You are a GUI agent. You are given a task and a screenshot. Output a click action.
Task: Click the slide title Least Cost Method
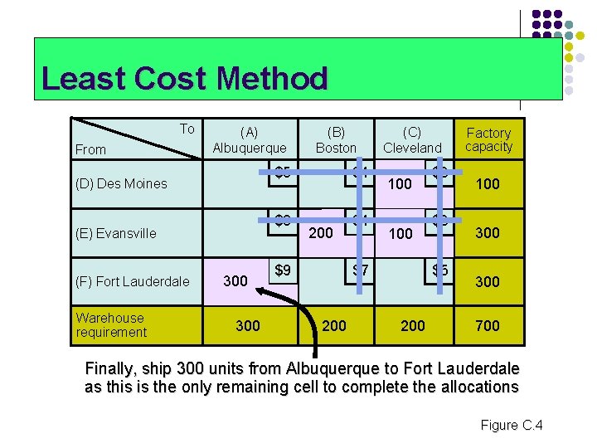coord(184,79)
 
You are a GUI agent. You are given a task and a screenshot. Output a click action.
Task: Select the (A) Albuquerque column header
coord(249,139)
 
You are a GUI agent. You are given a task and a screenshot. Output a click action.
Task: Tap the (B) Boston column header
coord(336,139)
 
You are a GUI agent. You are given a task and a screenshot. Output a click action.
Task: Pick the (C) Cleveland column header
coord(412,139)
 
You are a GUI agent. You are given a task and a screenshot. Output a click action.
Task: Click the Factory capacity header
coord(488,139)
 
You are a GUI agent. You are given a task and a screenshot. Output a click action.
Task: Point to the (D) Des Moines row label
coord(121,183)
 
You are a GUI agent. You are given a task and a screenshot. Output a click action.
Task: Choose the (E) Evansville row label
coord(115,233)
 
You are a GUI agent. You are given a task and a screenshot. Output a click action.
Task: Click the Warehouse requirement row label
coord(110,324)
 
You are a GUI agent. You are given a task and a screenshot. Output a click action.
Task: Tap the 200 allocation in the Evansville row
coord(321,233)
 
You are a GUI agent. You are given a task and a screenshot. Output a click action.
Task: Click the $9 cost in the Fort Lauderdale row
coord(283,270)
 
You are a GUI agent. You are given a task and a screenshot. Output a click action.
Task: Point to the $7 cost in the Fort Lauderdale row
coord(360,270)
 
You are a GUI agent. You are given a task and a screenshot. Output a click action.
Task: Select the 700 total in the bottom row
coord(488,326)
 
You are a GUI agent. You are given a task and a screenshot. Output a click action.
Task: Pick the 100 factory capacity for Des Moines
coord(488,184)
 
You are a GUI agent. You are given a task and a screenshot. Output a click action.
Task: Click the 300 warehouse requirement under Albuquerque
coord(248,326)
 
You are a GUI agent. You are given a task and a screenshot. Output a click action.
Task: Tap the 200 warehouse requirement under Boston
coord(334,326)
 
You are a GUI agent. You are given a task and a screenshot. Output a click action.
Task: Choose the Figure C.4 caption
coord(511,426)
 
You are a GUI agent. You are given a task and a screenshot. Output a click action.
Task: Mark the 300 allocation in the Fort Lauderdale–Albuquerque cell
coord(235,281)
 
